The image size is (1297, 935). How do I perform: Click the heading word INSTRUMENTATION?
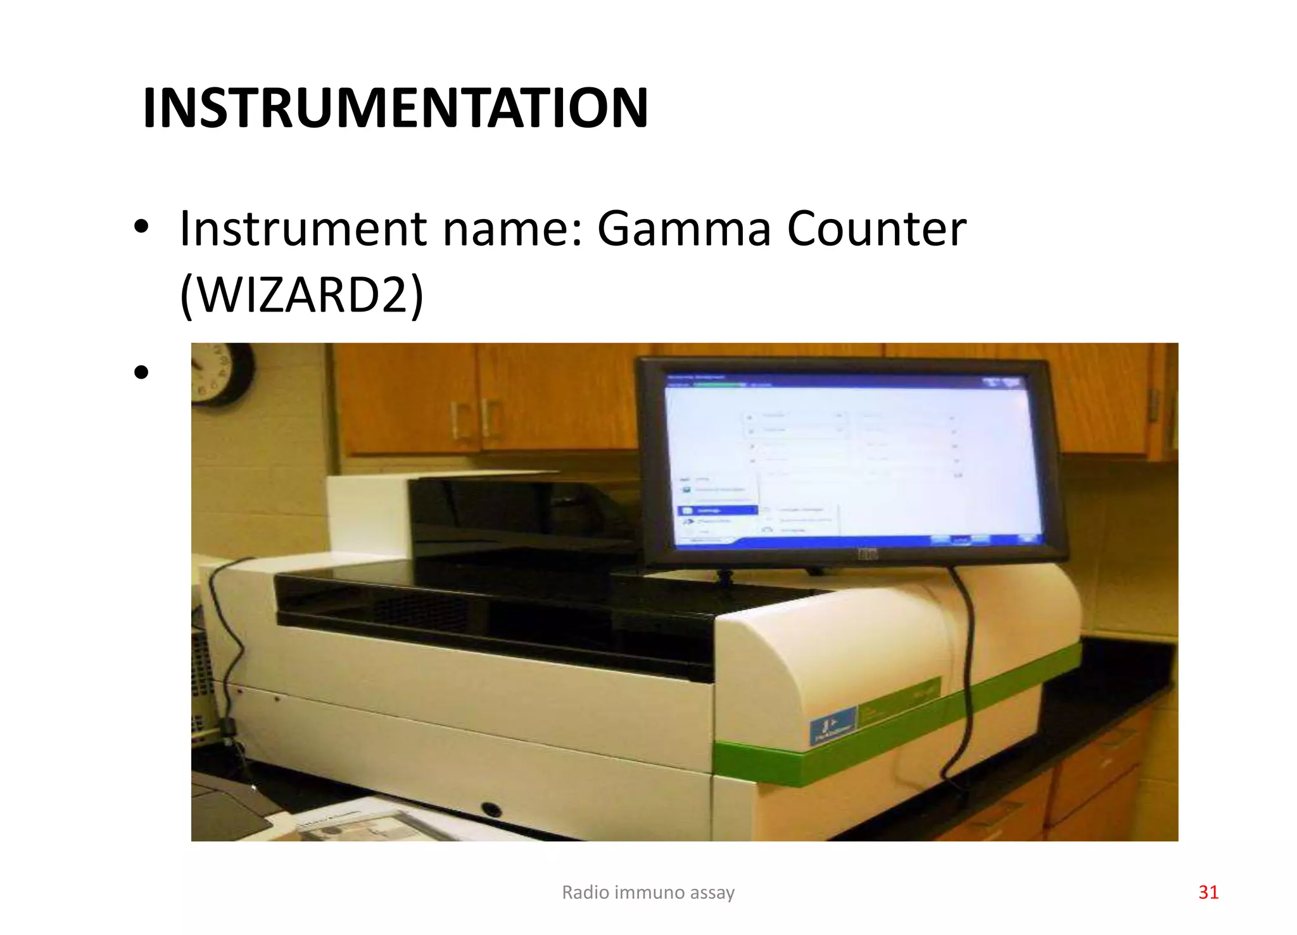(x=395, y=108)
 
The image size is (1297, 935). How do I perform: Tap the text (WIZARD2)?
(x=301, y=295)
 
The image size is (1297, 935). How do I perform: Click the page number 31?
(x=1208, y=892)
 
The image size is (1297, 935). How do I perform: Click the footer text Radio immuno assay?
(x=648, y=892)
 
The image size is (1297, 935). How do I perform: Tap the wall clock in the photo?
(x=222, y=373)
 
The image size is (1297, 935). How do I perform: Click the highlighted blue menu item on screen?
(x=717, y=510)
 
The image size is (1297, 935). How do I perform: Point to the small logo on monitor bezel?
(x=867, y=554)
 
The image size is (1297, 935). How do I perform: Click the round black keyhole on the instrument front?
(x=490, y=808)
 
